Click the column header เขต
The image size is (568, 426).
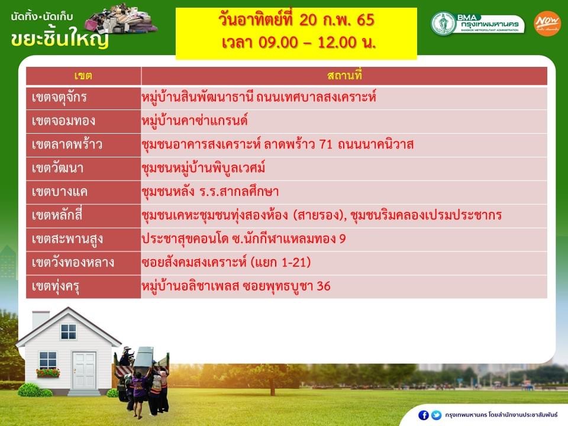(83, 76)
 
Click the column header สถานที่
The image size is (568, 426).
(344, 75)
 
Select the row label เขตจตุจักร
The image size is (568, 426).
(59, 98)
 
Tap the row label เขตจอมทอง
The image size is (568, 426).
(63, 121)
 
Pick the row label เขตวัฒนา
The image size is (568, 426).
(57, 167)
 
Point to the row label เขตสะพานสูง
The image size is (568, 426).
(67, 239)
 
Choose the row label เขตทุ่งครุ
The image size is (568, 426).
(56, 286)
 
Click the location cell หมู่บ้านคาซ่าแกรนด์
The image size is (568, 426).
(195, 121)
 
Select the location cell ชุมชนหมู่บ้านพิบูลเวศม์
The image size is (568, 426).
(203, 167)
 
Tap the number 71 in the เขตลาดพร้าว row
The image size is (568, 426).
(325, 144)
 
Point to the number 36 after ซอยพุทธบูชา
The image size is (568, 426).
(324, 286)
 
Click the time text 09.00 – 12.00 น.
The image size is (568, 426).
(299, 43)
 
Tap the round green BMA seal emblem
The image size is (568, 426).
(443, 23)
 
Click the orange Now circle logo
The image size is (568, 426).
(547, 24)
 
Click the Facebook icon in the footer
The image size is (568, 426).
(423, 415)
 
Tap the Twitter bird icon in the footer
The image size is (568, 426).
(436, 415)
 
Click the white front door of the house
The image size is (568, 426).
(83, 370)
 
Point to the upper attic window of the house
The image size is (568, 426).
(69, 331)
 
